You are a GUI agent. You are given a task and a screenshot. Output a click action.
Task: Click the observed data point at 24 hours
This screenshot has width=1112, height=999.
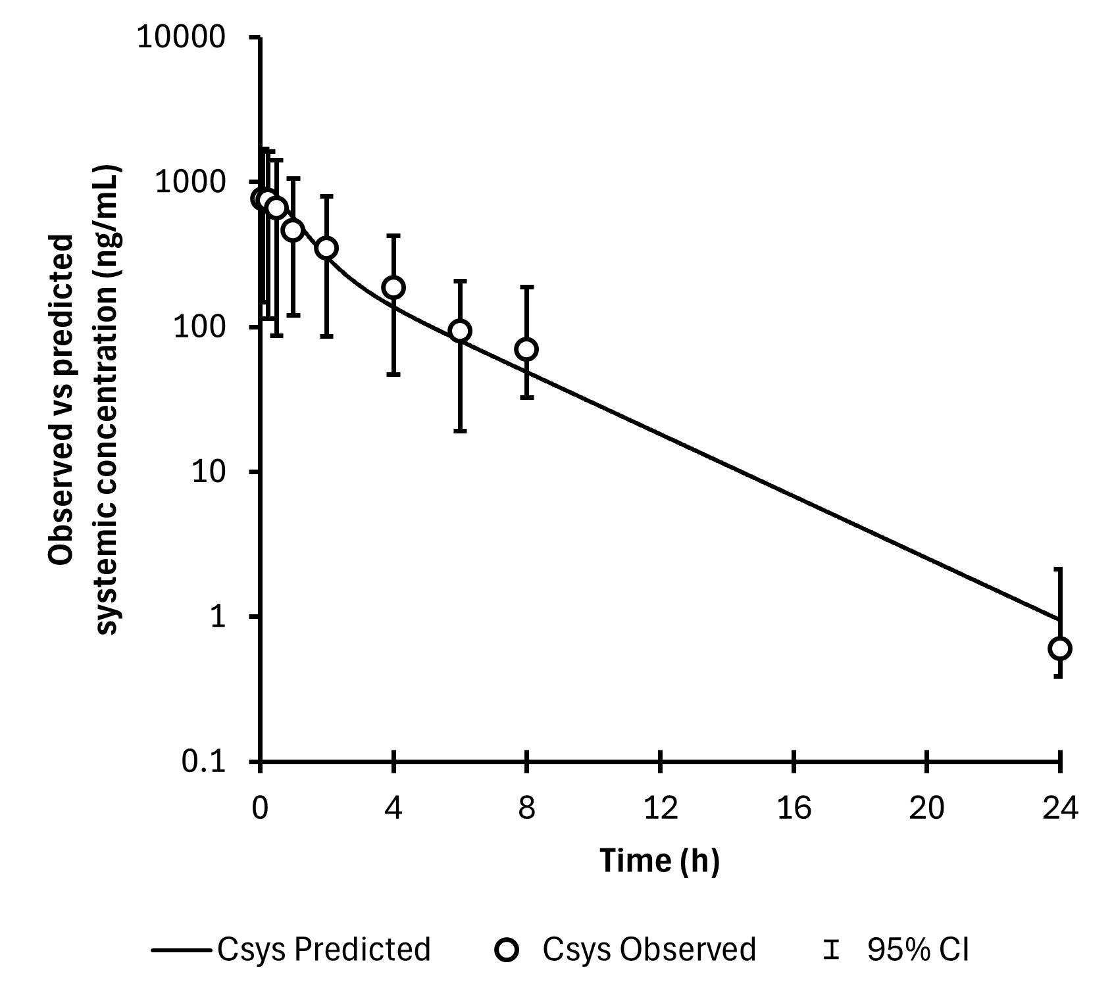1059,648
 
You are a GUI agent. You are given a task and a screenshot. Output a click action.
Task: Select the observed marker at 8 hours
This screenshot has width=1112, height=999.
526,349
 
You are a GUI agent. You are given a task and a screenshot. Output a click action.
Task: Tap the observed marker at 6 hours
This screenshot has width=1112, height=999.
460,330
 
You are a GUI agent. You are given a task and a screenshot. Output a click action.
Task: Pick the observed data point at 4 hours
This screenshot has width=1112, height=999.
393,287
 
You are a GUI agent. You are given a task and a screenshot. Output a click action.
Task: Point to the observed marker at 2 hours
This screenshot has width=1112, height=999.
326,248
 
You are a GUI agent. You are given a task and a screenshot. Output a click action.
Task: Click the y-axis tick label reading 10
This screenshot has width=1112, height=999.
209,472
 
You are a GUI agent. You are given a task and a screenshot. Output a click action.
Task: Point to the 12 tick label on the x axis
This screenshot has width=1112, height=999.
661,808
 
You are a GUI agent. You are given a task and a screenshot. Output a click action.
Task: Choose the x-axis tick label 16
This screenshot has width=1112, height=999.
794,808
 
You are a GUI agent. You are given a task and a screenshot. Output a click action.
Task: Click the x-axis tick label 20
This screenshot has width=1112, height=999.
927,808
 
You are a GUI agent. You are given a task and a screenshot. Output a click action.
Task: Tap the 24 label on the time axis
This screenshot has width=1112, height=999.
1060,808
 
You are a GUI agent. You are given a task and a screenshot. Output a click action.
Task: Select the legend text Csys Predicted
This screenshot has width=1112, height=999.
324,950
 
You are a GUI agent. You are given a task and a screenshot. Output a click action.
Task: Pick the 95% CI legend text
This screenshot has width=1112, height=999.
918,950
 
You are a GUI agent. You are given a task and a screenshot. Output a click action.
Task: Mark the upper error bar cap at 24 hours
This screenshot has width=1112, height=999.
1059,569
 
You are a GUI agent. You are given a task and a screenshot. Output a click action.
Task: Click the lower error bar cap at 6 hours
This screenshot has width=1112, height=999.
460,431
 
